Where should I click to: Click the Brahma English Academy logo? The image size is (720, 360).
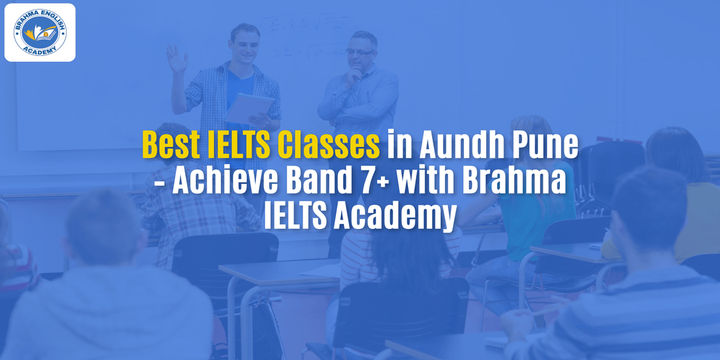[x=40, y=33]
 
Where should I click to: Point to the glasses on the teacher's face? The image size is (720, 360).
[x=359, y=52]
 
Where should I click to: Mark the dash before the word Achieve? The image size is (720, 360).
[x=158, y=183]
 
